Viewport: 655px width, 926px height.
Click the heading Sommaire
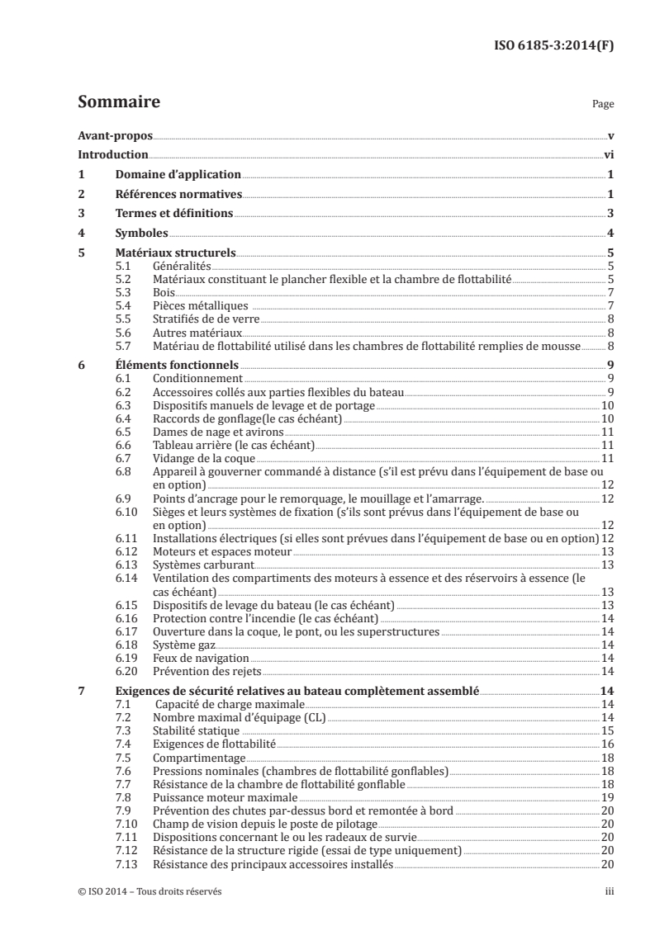[x=118, y=102]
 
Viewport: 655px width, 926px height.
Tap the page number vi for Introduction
[x=607, y=154]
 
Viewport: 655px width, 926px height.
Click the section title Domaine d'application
[x=177, y=174]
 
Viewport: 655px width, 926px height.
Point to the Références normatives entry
[x=178, y=194]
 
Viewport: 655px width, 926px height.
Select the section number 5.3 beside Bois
[x=122, y=292]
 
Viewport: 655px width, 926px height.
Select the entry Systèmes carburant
[x=203, y=565]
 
